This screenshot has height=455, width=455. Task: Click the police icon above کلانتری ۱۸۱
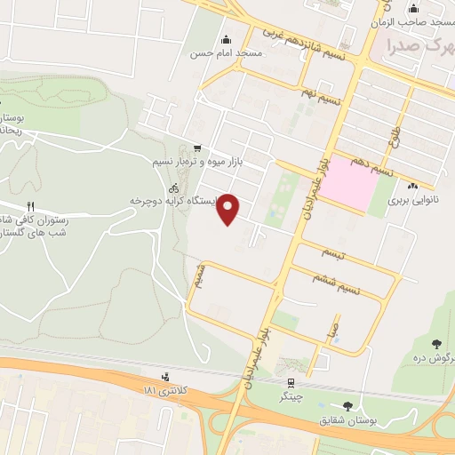coord(166,377)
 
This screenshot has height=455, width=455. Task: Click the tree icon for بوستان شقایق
coord(347,405)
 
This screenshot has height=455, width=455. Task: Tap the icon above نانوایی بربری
coord(412,186)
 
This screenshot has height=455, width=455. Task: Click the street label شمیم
coord(203,276)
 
